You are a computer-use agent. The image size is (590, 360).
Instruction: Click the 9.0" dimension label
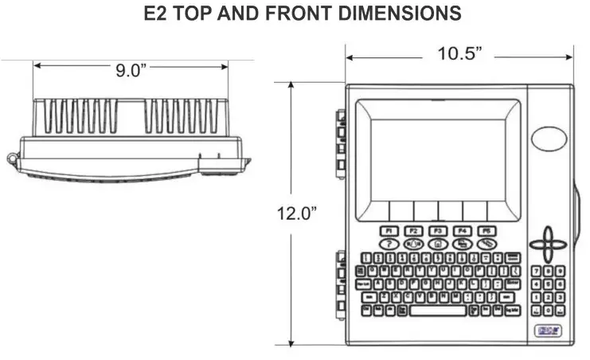(x=131, y=68)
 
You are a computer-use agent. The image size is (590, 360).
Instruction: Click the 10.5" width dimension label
(x=460, y=54)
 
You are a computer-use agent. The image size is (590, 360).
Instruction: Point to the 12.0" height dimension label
(x=297, y=213)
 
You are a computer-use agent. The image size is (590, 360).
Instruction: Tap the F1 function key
(x=389, y=230)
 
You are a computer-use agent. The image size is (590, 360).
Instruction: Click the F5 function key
(x=485, y=230)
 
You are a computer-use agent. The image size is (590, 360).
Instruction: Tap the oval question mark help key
(x=389, y=244)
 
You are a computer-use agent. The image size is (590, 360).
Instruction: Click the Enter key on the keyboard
(x=513, y=284)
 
